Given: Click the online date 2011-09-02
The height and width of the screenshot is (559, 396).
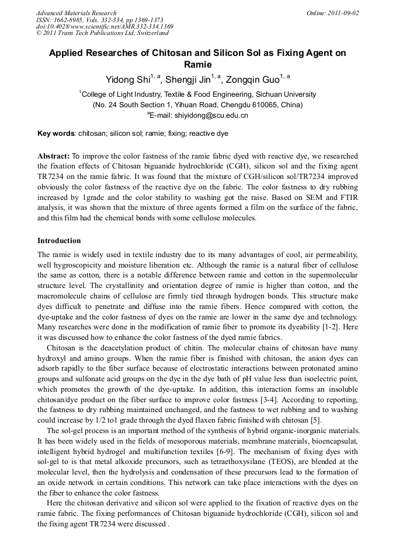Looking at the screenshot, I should coord(342,13).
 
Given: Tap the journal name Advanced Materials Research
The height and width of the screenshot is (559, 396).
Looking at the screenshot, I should coord(76,13).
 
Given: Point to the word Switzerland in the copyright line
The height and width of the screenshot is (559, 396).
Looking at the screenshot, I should coord(147,33).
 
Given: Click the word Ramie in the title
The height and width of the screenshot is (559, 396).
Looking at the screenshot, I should coord(197,65).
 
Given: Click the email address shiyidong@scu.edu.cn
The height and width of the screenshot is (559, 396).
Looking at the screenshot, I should coord(203,115).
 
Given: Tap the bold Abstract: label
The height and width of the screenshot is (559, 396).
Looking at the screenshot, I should coord(54,156).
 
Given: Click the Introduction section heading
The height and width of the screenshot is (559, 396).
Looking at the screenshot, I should coord(59,240).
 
